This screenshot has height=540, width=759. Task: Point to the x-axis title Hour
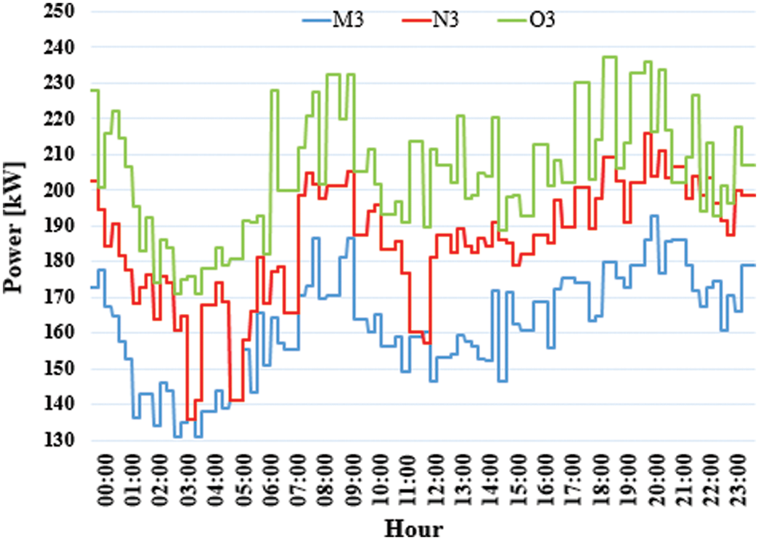(414, 526)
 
